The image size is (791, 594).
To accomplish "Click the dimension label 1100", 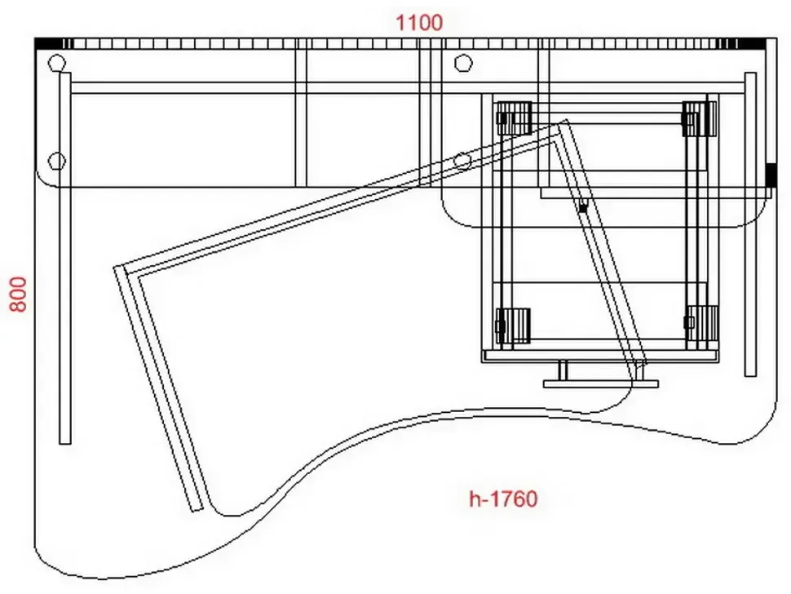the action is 419,23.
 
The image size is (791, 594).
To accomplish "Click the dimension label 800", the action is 19,295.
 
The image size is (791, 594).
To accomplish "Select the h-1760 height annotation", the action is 503,499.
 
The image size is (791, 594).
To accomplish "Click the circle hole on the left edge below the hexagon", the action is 57,162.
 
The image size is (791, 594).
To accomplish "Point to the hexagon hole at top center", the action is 462,64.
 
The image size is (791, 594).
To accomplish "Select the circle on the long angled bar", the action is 462,162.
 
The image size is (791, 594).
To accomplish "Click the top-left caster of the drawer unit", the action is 514,118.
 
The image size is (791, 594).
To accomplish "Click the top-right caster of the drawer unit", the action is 700,118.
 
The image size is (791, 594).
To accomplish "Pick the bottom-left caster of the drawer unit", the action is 513,326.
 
